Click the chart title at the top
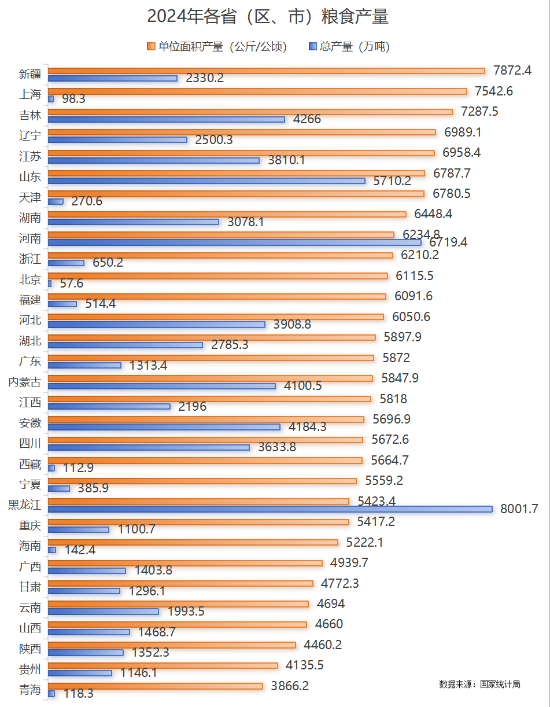point(268,17)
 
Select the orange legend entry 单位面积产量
point(217,47)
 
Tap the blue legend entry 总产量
point(349,47)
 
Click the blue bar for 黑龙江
point(270,509)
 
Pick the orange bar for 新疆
point(266,71)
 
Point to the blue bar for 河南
point(234,242)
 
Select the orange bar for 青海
point(155,686)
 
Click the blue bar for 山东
point(206,181)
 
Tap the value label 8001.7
point(519,509)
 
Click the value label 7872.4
point(512,71)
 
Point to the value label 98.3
point(73,99)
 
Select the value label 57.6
point(72,283)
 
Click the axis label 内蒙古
point(25,382)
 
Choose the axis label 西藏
point(30,464)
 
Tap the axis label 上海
point(30,95)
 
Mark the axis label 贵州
point(30,669)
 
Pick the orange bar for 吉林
point(250,112)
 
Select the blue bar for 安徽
point(164,427)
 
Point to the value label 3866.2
point(290,686)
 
